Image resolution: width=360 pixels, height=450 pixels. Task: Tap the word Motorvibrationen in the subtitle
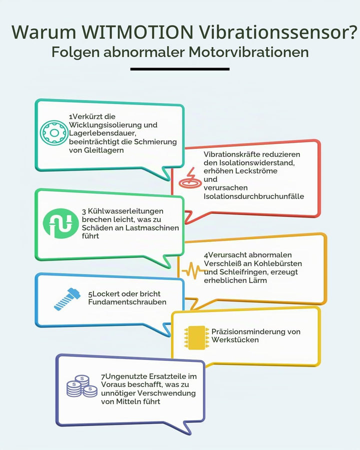tap(248, 52)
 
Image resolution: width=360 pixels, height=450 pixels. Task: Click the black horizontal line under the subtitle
tap(179, 69)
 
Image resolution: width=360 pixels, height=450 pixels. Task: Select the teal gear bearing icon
tap(54, 132)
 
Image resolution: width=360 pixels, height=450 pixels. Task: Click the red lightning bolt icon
tap(190, 178)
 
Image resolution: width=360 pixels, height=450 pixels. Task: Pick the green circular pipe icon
tap(60, 223)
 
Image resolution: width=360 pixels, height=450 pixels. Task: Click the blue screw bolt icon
tap(67, 299)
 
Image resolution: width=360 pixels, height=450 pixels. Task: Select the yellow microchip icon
tap(196, 337)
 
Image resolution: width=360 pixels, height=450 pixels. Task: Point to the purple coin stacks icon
tap(82, 386)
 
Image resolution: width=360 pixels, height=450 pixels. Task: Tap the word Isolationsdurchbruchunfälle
tap(254, 196)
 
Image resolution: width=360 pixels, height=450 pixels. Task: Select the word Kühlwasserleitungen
tap(125, 211)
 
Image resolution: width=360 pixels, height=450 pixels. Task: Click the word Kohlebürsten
tap(278, 263)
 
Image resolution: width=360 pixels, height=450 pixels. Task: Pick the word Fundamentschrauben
tap(127, 302)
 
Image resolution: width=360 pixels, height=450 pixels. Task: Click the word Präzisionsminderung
tap(249, 331)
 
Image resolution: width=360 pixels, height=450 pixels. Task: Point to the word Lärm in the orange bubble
tap(258, 280)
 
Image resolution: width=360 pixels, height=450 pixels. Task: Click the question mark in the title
tap(353, 31)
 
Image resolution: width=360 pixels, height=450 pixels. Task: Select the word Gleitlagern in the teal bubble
tap(103, 150)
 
